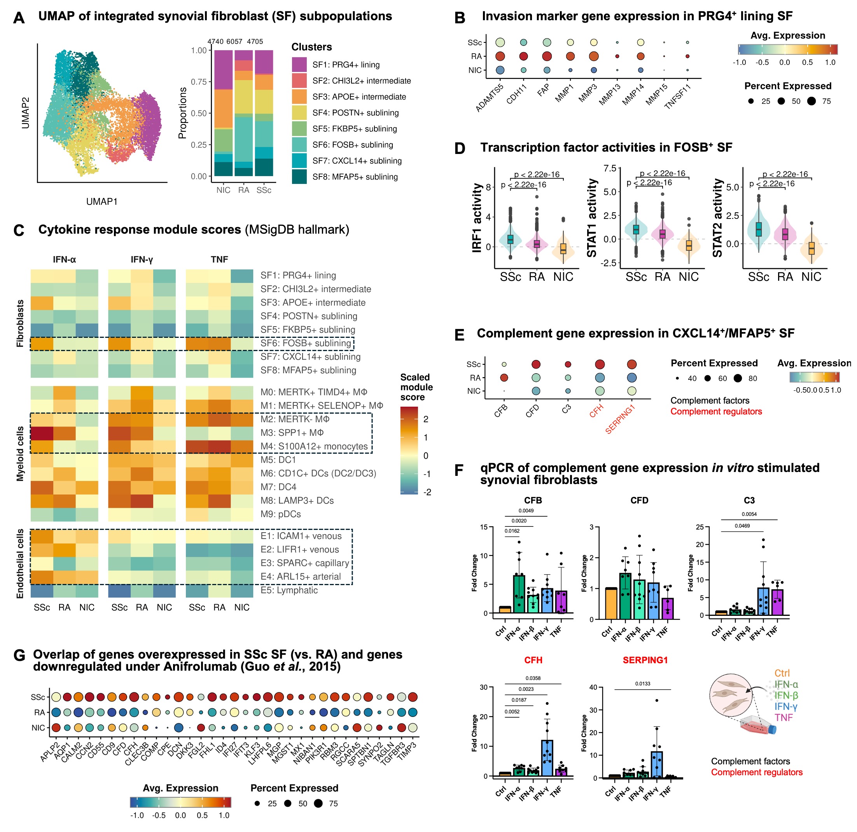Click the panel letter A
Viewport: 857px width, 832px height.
[x=18, y=18]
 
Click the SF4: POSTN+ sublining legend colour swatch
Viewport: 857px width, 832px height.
[x=299, y=113]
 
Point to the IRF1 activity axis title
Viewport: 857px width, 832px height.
[x=477, y=218]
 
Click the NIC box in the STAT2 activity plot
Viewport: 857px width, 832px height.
[x=811, y=248]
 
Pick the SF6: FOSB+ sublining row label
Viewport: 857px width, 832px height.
[x=306, y=343]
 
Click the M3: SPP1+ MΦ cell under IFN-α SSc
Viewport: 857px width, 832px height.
[x=42, y=433]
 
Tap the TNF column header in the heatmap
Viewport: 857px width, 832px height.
[x=219, y=260]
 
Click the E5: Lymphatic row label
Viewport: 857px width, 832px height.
[x=289, y=590]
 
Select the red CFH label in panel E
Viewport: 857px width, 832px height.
[x=596, y=411]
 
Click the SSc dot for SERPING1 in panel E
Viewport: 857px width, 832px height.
[x=631, y=364]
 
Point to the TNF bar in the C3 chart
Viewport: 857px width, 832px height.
[x=777, y=602]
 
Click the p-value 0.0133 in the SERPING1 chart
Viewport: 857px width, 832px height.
[x=642, y=683]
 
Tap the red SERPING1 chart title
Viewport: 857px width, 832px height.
[x=645, y=660]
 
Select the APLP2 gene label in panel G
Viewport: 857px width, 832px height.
[x=49, y=752]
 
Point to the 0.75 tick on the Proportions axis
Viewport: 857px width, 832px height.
[x=199, y=82]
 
